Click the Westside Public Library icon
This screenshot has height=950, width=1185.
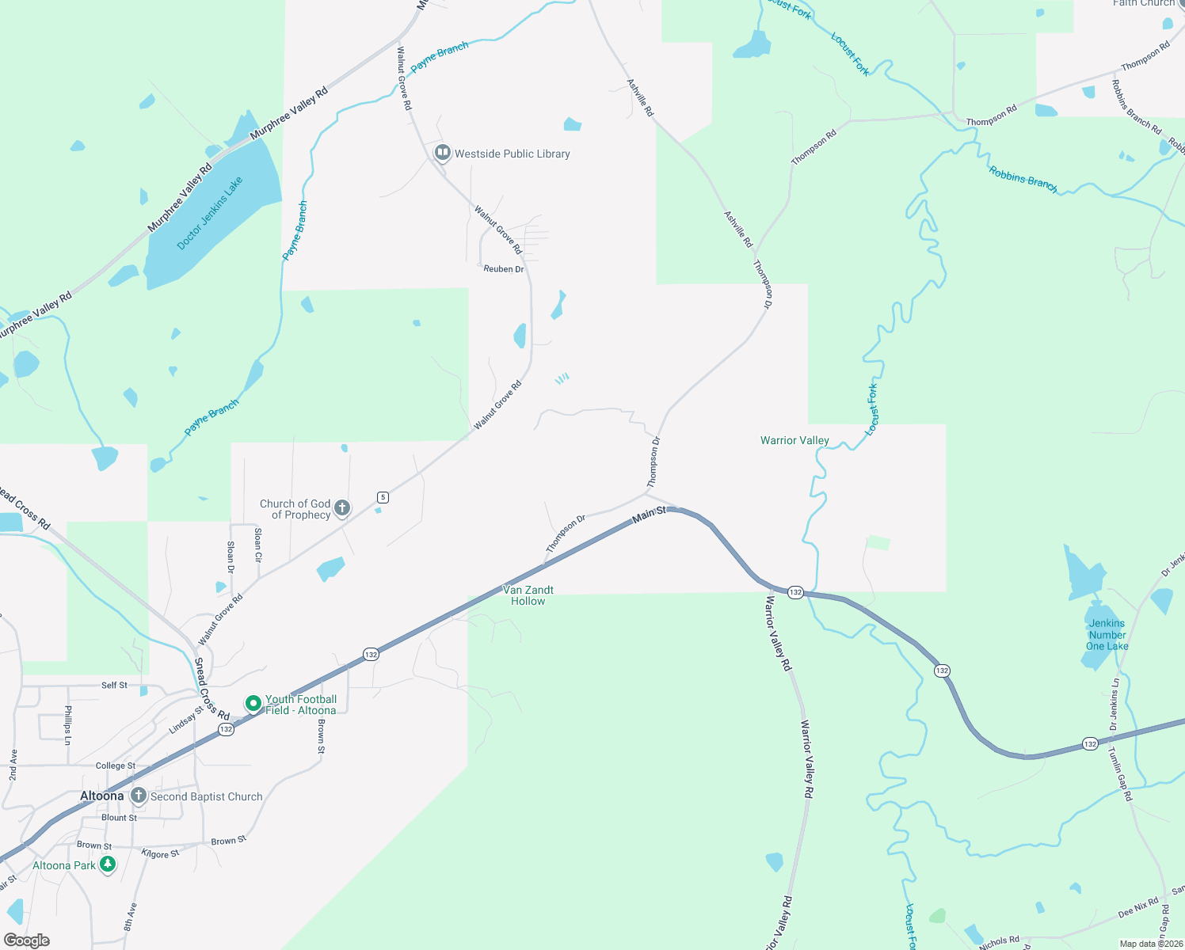pyautogui.click(x=443, y=153)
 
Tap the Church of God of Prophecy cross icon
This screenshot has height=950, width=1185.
pyautogui.click(x=342, y=508)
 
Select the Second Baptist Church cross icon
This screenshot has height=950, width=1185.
pyautogui.click(x=139, y=796)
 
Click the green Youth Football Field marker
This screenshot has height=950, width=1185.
pyautogui.click(x=253, y=703)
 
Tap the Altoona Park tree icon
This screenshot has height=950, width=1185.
pyautogui.click(x=107, y=864)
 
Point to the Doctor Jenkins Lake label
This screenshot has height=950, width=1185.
pyautogui.click(x=210, y=213)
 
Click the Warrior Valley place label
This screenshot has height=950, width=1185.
pyautogui.click(x=794, y=440)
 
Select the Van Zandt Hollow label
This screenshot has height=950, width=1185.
pyautogui.click(x=528, y=595)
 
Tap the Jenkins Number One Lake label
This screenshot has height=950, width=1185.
pyautogui.click(x=1107, y=635)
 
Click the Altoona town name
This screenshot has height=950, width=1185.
pyautogui.click(x=102, y=796)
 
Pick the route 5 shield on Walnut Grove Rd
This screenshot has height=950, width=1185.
pyautogui.click(x=383, y=497)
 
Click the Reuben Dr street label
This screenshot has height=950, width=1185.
pyautogui.click(x=504, y=269)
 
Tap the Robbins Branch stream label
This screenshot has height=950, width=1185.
pyautogui.click(x=1023, y=179)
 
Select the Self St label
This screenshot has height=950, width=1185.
pyautogui.click(x=114, y=685)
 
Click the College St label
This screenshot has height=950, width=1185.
pyautogui.click(x=116, y=766)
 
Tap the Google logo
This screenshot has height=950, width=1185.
pyautogui.click(x=27, y=940)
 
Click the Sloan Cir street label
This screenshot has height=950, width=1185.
pyautogui.click(x=258, y=545)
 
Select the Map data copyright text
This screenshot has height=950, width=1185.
pyautogui.click(x=1151, y=944)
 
